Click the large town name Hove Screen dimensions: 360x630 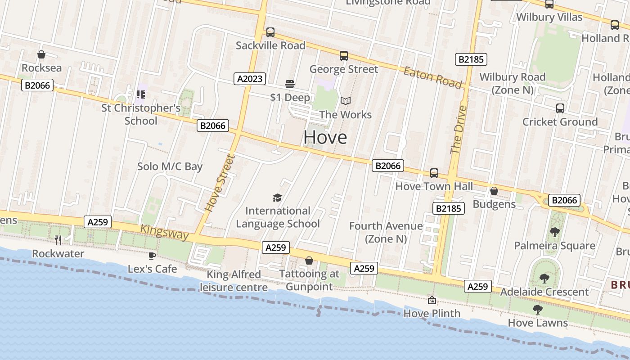tap(325, 137)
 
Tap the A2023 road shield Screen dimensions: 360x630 tap(250, 79)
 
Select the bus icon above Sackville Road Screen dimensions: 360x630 tap(270, 32)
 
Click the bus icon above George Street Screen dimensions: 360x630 tap(344, 56)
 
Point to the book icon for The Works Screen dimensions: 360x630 tap(345, 101)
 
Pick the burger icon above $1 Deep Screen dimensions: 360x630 tap(290, 84)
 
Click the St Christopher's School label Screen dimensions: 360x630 tap(141, 114)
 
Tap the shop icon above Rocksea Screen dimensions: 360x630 tap(41, 55)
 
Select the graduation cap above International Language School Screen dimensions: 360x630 tap(277, 198)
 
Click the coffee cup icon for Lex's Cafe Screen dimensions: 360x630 tap(152, 256)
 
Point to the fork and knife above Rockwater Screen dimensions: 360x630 tap(58, 240)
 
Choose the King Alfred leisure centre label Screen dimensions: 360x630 tap(234, 281)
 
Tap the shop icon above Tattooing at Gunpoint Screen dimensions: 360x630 tap(309, 261)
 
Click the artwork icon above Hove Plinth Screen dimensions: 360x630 tap(432, 300)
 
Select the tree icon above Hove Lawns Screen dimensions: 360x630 tap(537, 309)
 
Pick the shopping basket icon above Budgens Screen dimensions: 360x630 tap(494, 191)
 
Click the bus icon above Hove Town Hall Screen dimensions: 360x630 tap(434, 173)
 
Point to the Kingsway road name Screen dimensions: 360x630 tap(164, 232)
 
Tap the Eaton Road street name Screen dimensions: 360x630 tap(432, 77)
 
